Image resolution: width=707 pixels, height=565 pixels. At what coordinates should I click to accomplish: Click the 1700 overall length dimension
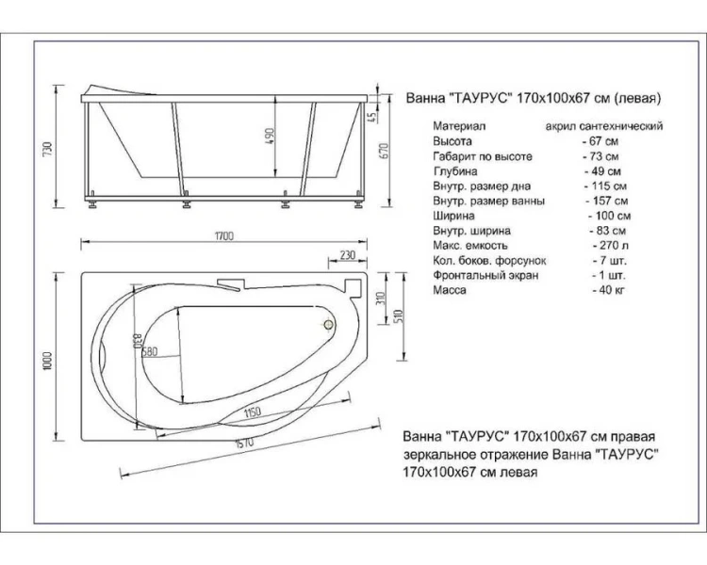(223, 235)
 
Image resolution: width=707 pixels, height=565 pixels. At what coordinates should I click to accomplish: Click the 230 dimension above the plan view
(347, 255)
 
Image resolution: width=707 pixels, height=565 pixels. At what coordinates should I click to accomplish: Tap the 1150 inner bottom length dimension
(250, 413)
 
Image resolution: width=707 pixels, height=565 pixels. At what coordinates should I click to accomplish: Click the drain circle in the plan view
(329, 326)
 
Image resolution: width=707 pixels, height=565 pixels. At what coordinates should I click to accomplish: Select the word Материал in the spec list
(459, 124)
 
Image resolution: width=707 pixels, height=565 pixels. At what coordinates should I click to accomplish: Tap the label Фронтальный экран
(485, 275)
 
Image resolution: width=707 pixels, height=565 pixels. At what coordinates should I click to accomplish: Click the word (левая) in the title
(641, 97)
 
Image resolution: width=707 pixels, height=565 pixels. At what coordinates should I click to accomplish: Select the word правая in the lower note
(630, 438)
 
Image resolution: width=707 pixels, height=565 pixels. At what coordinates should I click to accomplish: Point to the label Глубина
(455, 171)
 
